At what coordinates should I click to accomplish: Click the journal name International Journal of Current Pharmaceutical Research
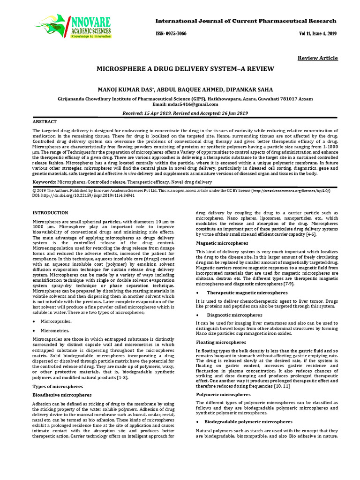[x=246, y=21]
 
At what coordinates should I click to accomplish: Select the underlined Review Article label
[x=317, y=58]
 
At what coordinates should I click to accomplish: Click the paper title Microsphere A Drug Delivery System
[x=185, y=68]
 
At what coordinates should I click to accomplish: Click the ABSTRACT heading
[x=45, y=121]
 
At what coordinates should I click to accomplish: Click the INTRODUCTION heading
[x=50, y=213]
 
